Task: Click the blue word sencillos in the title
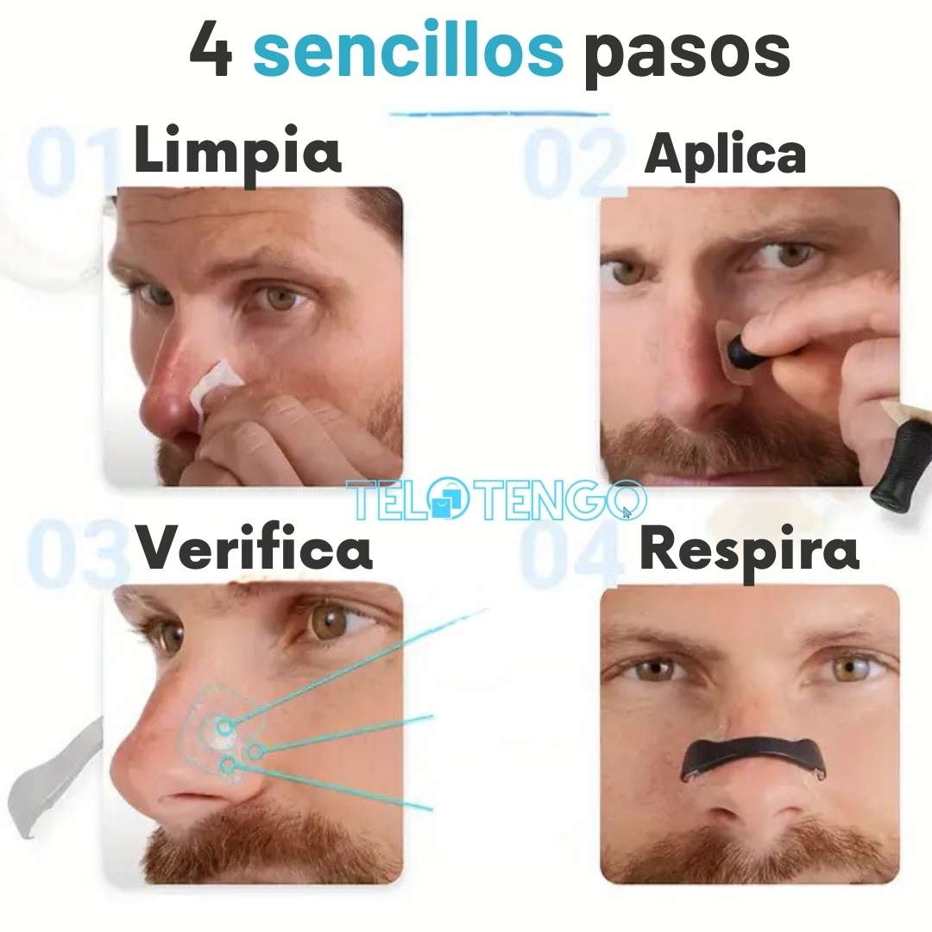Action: (x=408, y=49)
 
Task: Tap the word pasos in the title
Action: (x=687, y=55)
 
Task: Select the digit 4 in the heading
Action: (x=211, y=49)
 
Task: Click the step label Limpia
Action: (x=238, y=153)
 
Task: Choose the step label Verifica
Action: (x=254, y=547)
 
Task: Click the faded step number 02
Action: (x=575, y=163)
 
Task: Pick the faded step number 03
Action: (x=78, y=553)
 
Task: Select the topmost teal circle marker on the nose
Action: (x=224, y=727)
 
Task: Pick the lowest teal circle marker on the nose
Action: (x=229, y=765)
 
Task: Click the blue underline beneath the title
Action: (x=500, y=113)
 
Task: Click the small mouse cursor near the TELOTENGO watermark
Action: (x=627, y=513)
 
